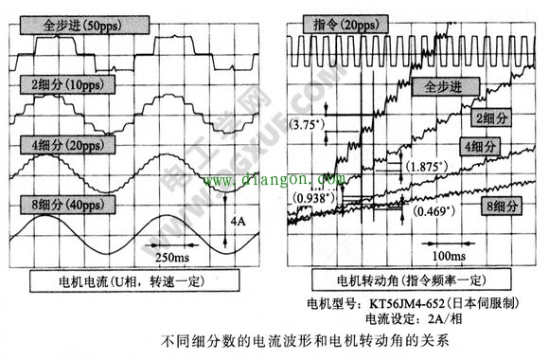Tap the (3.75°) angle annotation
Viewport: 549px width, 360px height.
308,125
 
